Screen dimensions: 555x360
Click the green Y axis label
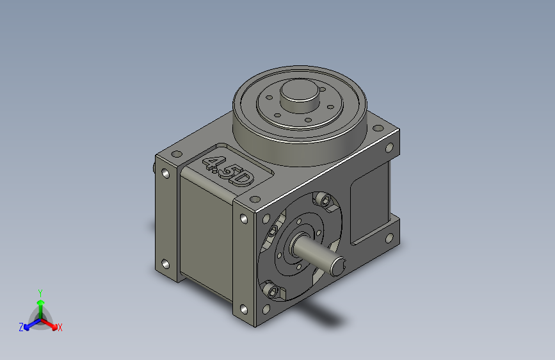point(40,293)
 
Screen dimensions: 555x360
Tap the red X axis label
point(60,327)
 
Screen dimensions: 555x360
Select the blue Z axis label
point(21,327)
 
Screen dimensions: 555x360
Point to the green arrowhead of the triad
point(41,302)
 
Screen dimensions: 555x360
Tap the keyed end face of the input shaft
point(337,266)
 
